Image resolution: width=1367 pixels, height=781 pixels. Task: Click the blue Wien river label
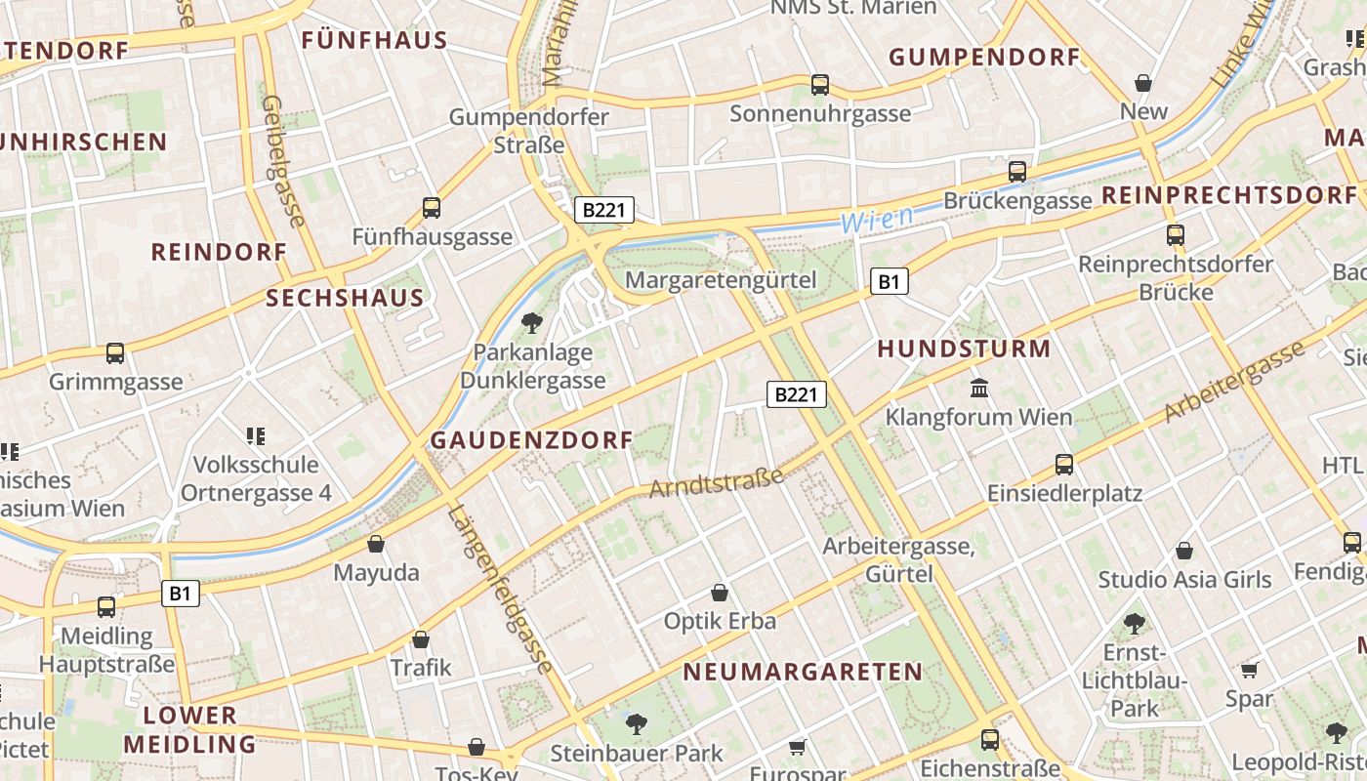coord(878,220)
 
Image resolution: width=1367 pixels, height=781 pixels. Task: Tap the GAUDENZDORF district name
coord(532,440)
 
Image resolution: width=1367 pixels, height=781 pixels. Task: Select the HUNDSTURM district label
coord(964,349)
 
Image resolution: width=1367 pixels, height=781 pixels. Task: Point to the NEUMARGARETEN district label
coord(803,672)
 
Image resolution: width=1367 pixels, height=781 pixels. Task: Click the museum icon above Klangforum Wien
coord(979,389)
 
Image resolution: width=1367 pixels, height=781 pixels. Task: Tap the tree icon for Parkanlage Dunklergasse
coord(532,322)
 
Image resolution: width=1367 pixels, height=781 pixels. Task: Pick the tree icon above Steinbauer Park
coord(637,723)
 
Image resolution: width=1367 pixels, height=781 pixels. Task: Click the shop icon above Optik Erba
coord(720,593)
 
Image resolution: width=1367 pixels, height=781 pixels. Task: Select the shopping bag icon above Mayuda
coord(376,544)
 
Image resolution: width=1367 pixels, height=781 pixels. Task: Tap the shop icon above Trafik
coord(421,639)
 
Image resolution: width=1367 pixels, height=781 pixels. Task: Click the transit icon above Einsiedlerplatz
coord(1064,464)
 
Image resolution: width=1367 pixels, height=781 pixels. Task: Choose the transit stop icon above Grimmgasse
coord(115,352)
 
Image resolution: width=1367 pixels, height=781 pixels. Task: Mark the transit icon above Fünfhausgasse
coord(432,207)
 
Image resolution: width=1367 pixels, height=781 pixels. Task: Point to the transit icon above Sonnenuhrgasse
coord(820,85)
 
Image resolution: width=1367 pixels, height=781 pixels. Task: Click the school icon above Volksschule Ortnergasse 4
coord(256,435)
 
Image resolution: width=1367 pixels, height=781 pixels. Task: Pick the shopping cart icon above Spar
coord(1250,670)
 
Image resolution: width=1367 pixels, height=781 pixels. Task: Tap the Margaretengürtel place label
coord(721,280)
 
